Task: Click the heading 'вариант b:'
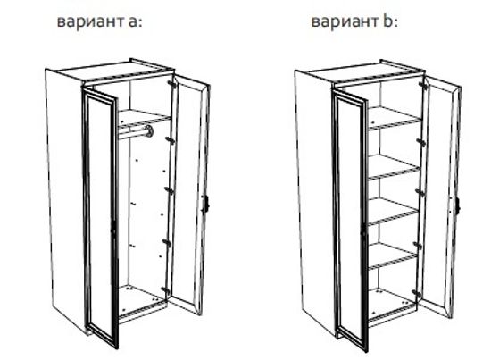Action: coord(353,21)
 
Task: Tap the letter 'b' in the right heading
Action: coord(387,20)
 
